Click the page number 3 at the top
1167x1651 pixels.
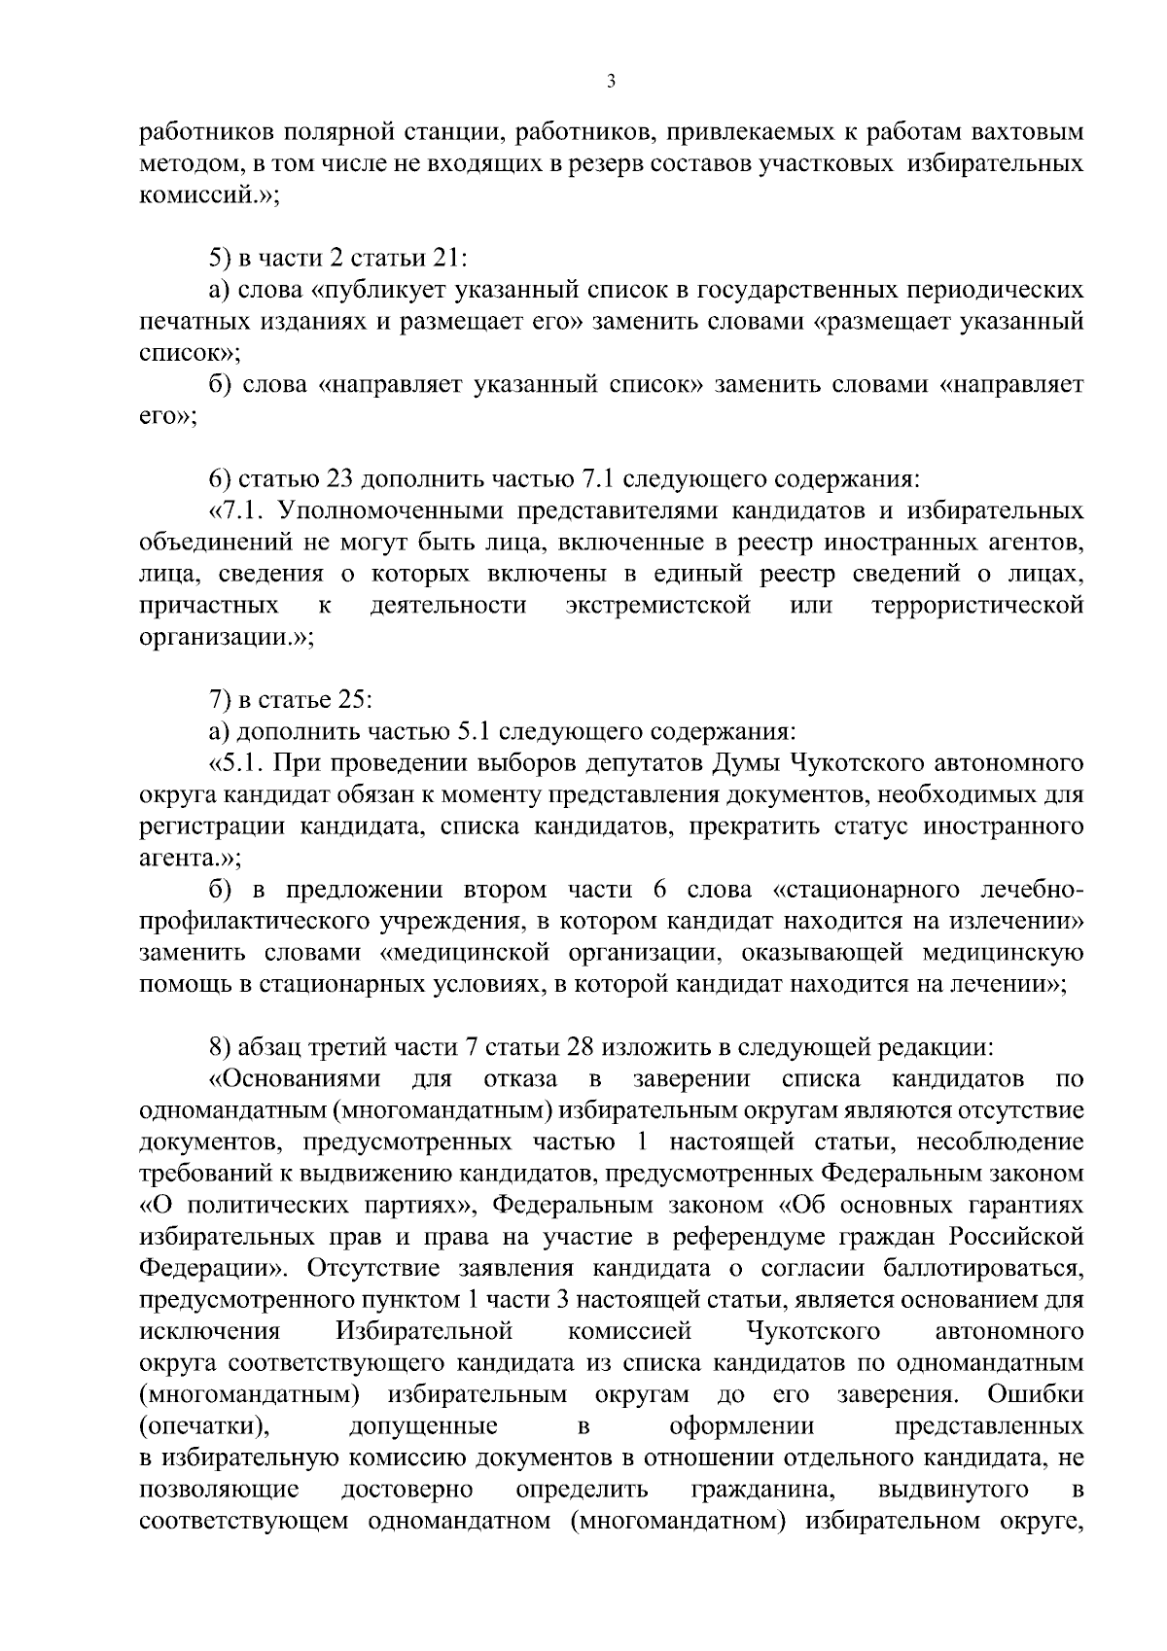click(x=611, y=84)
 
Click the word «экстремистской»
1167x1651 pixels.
click(x=658, y=606)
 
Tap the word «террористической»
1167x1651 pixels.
click(x=978, y=606)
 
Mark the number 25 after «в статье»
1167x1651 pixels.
click(x=349, y=700)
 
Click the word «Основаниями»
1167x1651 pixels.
click(x=295, y=1079)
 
